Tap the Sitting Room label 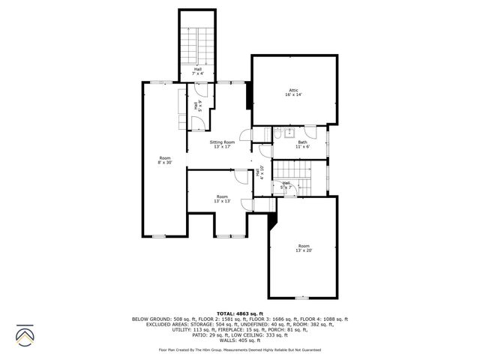222,145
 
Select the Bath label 302,145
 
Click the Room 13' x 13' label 222,199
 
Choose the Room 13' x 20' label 304,248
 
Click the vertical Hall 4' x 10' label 259,172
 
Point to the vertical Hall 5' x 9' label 197,106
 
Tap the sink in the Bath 277,134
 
